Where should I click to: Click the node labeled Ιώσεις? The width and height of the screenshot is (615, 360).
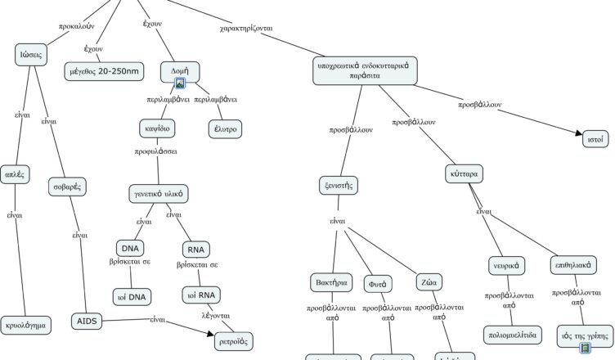(x=32, y=56)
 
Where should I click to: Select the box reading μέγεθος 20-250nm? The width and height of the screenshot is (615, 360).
(x=102, y=72)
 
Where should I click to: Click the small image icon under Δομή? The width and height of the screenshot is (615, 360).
(x=180, y=83)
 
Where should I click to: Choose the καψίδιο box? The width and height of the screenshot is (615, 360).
(x=159, y=128)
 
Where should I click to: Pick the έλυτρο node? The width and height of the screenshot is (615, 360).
(x=225, y=128)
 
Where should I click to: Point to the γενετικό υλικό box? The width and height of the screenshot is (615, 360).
(x=160, y=194)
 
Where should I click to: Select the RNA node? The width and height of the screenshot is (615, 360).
(x=195, y=250)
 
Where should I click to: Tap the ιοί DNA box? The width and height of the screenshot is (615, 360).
(x=132, y=296)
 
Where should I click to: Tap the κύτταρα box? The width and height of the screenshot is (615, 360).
(x=464, y=174)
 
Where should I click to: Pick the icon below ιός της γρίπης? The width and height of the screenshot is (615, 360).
(x=585, y=349)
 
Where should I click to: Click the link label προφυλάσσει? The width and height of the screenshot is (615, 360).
(x=156, y=151)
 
